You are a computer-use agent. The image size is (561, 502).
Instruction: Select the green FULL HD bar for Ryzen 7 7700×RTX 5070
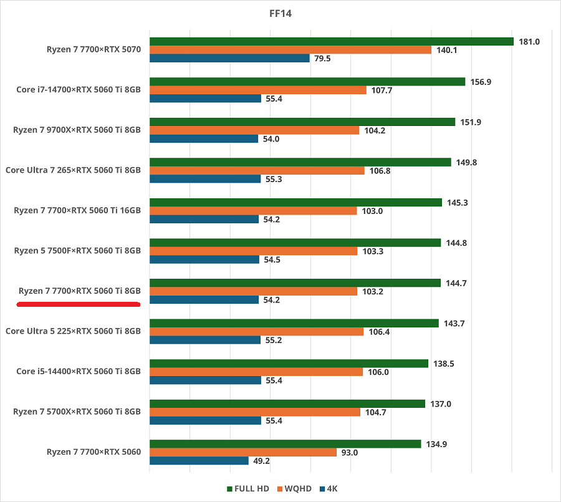(330, 42)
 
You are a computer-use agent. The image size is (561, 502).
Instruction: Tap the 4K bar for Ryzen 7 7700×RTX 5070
(229, 58)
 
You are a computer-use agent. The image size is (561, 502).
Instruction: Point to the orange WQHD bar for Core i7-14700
(257, 90)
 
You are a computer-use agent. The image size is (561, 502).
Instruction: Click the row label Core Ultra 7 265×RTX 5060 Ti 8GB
(73, 170)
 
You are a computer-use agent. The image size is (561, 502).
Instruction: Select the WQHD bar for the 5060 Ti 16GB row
(253, 211)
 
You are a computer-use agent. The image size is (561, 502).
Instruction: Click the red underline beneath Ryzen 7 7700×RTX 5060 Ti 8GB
(78, 304)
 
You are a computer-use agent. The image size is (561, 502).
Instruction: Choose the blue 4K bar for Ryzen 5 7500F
(204, 259)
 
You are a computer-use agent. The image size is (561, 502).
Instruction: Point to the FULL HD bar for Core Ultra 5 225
(294, 323)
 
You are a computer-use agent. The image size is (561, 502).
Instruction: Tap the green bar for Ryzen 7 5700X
(287, 403)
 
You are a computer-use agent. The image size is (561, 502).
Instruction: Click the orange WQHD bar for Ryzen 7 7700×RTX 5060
(242, 452)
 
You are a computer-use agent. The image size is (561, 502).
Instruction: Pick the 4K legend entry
(328, 488)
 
